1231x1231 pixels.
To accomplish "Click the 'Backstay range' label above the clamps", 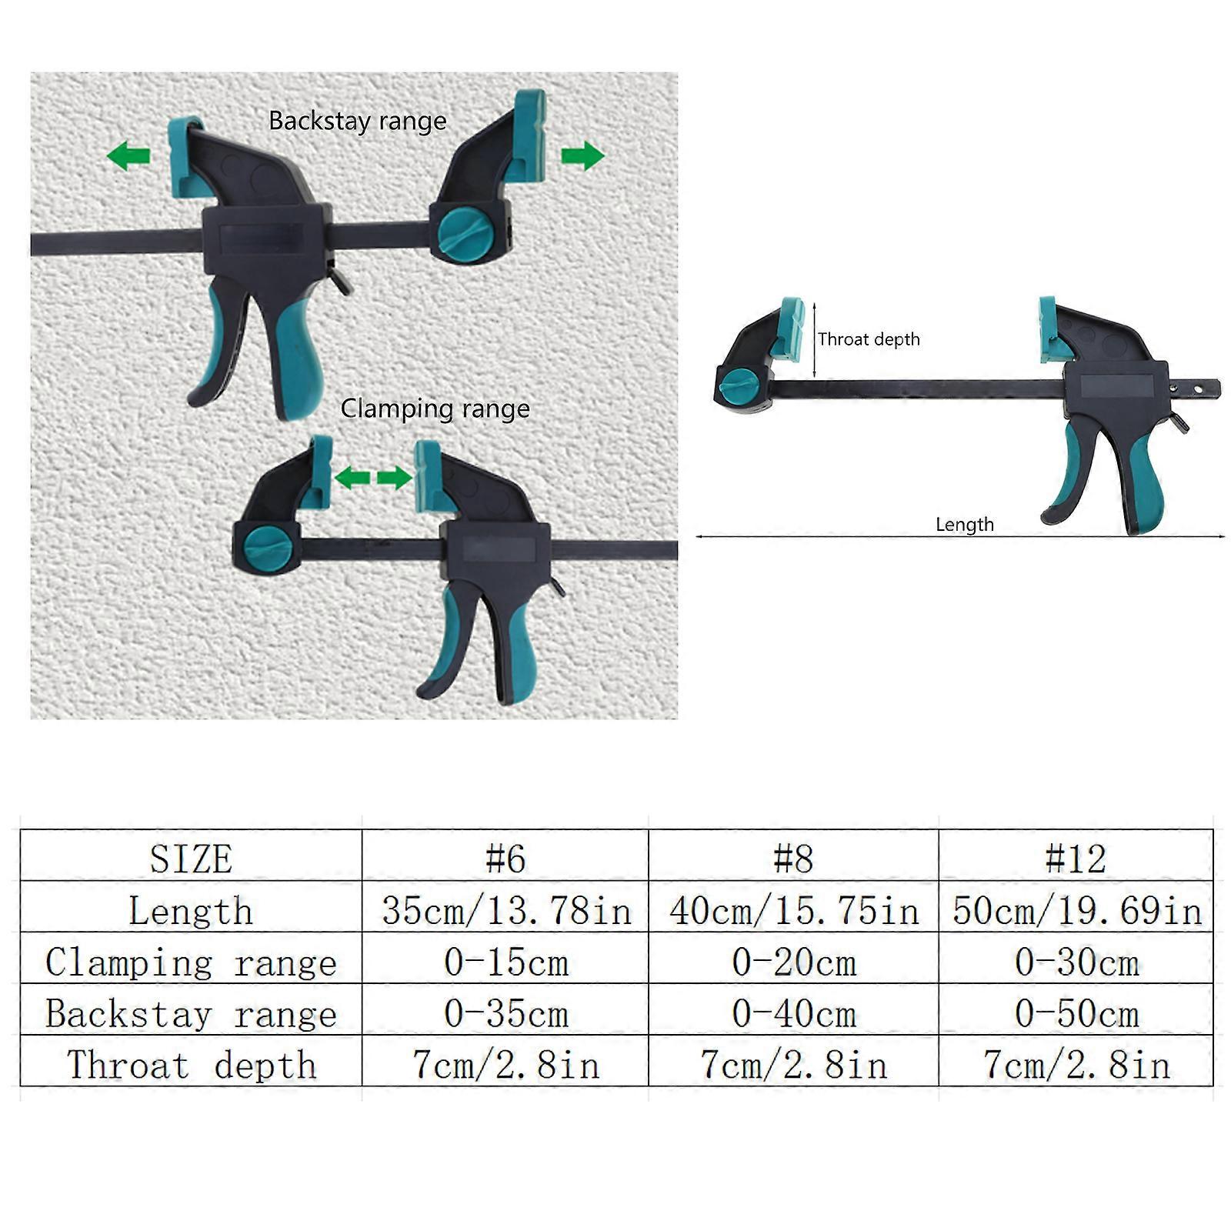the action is [358, 122].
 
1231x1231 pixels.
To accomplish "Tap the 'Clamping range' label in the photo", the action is [435, 409].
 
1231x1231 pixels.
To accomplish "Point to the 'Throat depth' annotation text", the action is [869, 339].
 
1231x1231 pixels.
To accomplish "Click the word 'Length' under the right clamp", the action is [965, 525].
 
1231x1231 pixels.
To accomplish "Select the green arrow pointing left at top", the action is [128, 156].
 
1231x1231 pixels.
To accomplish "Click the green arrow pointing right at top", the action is [583, 155].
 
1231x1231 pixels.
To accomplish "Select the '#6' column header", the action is [505, 858].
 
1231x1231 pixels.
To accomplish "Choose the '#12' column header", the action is [1076, 858].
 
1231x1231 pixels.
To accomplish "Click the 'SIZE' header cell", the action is [191, 859].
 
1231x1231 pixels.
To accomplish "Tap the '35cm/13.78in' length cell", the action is [506, 911].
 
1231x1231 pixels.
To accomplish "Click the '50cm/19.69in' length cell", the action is [1076, 911].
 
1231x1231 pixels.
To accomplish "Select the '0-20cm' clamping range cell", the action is [794, 962].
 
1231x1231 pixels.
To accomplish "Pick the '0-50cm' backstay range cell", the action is [1076, 1014].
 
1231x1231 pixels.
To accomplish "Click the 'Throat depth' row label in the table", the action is [192, 1066].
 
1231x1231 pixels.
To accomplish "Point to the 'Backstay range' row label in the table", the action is [191, 1014].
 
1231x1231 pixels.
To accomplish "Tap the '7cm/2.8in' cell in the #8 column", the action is [794, 1066].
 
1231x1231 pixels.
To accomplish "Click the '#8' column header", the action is [793, 858].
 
